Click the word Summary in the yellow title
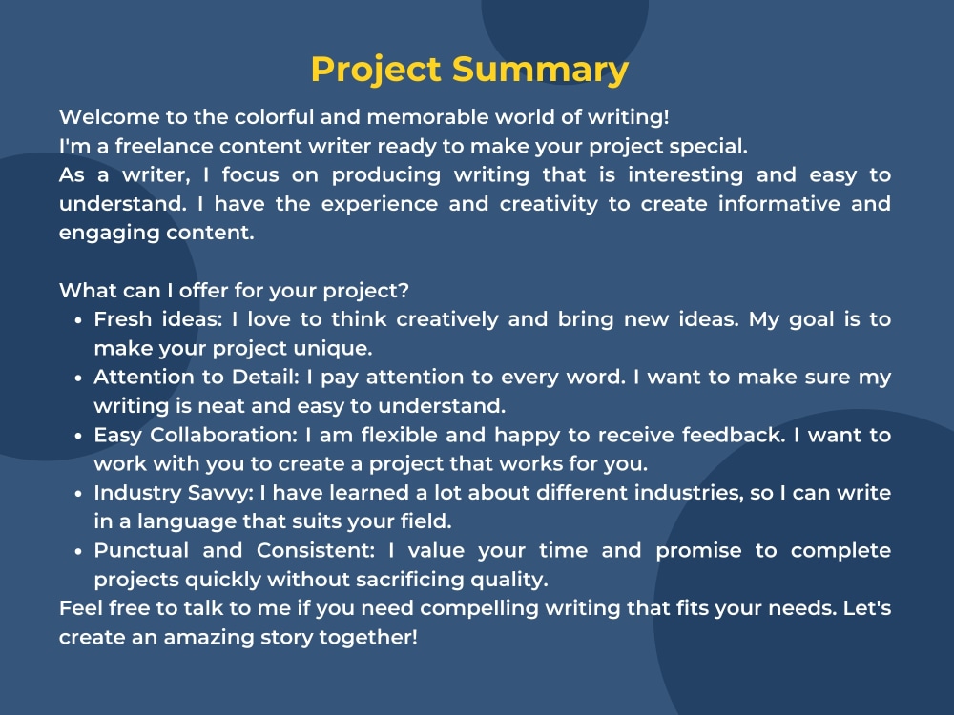pyautogui.click(x=540, y=71)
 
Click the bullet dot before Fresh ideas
pyautogui.click(x=77, y=320)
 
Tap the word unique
pyautogui.click(x=341, y=348)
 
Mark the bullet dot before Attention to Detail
pyautogui.click(x=77, y=378)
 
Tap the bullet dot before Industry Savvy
pyautogui.click(x=77, y=493)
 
